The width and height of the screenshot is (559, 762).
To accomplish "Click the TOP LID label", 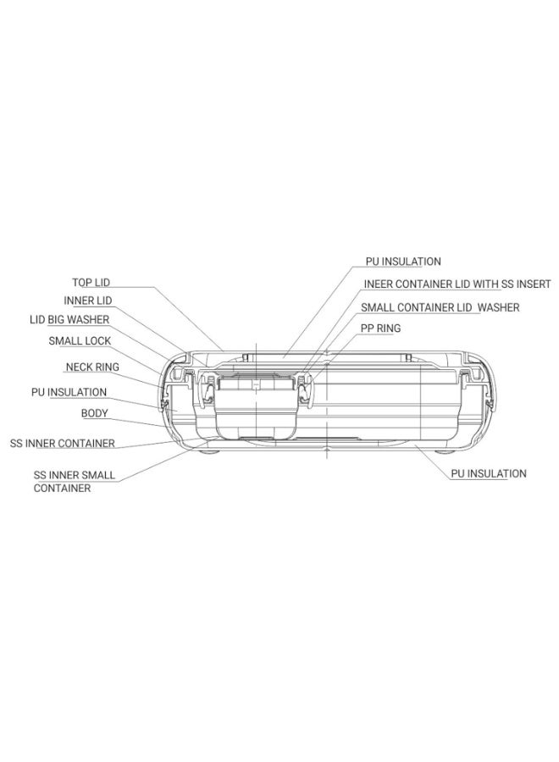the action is pyautogui.click(x=91, y=282).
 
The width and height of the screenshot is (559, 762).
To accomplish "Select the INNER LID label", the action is pyautogui.click(x=87, y=301).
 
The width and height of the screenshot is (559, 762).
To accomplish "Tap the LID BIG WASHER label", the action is pyautogui.click(x=69, y=320).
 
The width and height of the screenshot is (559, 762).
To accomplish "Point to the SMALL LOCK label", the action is pyautogui.click(x=80, y=341).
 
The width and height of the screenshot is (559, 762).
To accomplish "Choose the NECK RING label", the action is pyautogui.click(x=92, y=367).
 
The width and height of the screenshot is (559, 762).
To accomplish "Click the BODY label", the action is pyautogui.click(x=94, y=413).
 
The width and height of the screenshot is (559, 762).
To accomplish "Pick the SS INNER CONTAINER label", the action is pyautogui.click(x=62, y=443).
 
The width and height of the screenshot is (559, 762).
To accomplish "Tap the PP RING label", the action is pyautogui.click(x=380, y=329).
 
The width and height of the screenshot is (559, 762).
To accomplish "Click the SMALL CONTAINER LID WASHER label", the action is pyautogui.click(x=440, y=307).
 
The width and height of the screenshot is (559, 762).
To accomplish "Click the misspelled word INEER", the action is pyautogui.click(x=377, y=284).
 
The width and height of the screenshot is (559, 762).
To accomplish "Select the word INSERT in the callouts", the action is pyautogui.click(x=533, y=284).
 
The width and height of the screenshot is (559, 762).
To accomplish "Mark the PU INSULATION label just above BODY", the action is pyautogui.click(x=69, y=392).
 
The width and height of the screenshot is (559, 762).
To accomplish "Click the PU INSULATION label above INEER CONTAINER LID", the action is pyautogui.click(x=403, y=262).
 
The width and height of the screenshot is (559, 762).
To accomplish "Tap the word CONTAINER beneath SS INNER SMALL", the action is pyautogui.click(x=62, y=489).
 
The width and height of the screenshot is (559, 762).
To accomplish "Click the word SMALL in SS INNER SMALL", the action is pyautogui.click(x=99, y=475).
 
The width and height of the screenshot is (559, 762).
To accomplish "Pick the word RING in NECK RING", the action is pyautogui.click(x=107, y=367).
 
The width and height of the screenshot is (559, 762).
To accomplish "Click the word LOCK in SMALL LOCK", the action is pyautogui.click(x=98, y=341).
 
